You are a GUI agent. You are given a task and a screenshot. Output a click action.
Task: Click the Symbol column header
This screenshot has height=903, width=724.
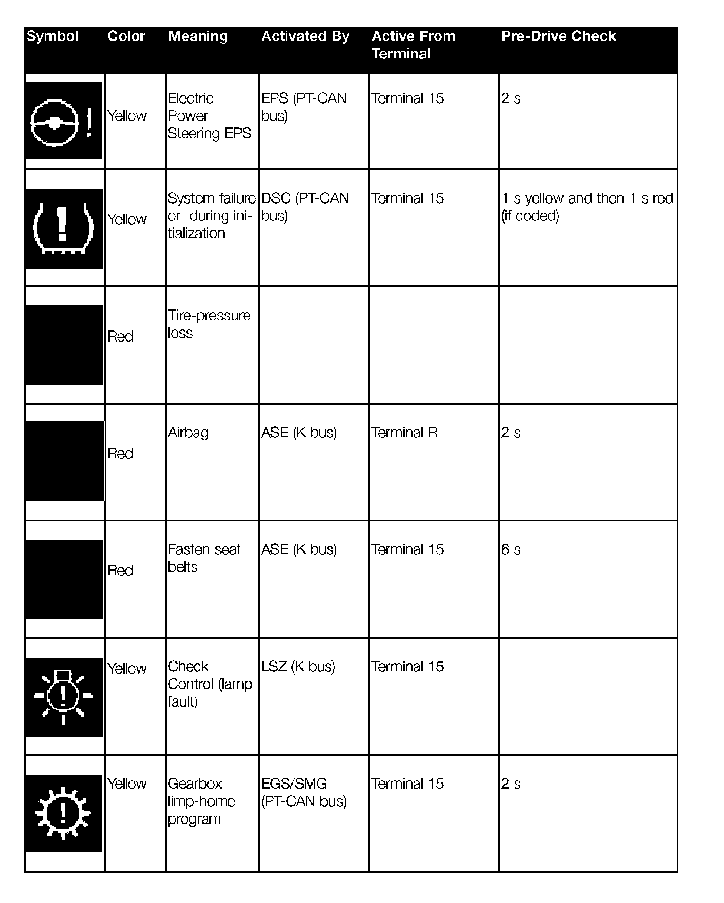tap(53, 36)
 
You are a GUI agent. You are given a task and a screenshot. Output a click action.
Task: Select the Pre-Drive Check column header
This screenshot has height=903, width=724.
tap(558, 36)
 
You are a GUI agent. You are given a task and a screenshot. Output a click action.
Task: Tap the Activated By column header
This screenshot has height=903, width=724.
tap(305, 36)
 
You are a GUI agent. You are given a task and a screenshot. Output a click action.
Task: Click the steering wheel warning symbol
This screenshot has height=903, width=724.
tap(63, 121)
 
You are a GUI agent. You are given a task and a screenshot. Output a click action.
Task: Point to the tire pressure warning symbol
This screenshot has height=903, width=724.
tap(63, 229)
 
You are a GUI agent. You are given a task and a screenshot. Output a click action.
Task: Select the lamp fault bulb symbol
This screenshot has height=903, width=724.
tap(63, 697)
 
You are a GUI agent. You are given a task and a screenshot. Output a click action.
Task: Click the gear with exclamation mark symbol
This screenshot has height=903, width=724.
tap(63, 813)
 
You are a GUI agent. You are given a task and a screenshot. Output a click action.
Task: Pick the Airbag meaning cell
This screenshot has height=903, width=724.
tap(188, 433)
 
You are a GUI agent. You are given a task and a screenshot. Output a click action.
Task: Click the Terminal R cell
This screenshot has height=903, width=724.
tap(404, 433)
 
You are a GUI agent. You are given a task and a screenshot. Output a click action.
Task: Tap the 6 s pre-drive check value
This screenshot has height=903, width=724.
tap(511, 549)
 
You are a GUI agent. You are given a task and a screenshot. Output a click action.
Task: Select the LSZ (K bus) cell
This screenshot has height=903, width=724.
tap(298, 667)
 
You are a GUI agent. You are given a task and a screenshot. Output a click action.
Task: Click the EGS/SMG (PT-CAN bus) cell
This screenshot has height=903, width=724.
tap(304, 792)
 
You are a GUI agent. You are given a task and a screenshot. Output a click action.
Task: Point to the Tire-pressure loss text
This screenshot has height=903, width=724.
tap(209, 324)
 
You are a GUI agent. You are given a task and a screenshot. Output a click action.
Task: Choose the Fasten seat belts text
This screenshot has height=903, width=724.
tap(204, 558)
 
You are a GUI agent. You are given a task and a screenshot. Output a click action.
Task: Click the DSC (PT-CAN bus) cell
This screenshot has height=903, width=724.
tap(305, 207)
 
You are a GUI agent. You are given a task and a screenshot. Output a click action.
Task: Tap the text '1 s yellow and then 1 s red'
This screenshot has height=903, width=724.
tap(587, 198)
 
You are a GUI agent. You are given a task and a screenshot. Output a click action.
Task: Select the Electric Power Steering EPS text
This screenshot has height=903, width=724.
tap(209, 116)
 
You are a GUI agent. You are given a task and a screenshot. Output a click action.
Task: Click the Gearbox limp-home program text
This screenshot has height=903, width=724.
tap(201, 801)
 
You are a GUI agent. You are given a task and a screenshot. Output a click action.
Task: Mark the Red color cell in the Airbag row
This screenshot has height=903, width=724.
tap(120, 454)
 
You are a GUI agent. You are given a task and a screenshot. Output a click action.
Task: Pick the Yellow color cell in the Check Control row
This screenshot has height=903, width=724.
tap(127, 668)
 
